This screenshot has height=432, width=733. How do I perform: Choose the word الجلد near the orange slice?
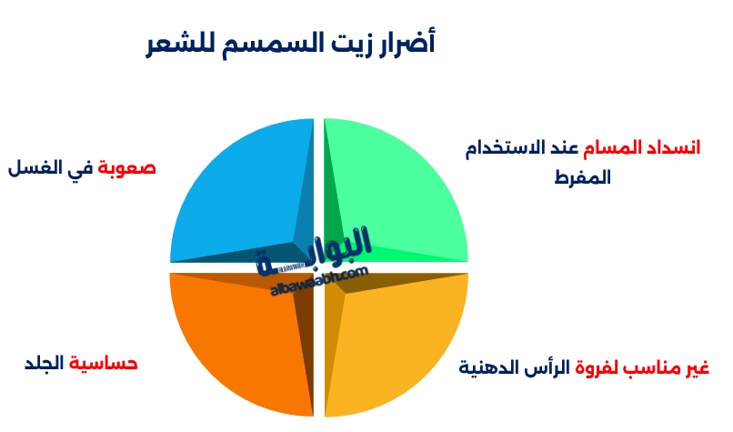[x=44, y=364]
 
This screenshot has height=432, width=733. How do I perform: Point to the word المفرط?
[x=582, y=177]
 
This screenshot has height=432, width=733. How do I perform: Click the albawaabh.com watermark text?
[x=318, y=283]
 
